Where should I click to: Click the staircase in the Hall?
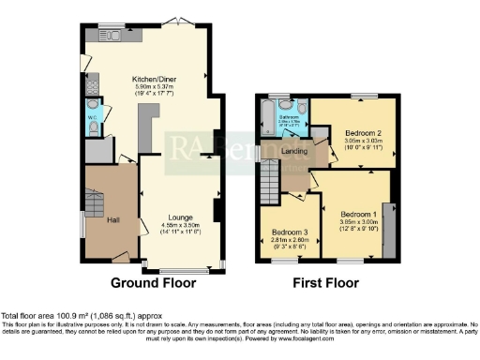pos(95,202)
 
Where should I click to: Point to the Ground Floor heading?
pos(154,282)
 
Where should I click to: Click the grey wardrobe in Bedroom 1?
pos(387,226)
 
